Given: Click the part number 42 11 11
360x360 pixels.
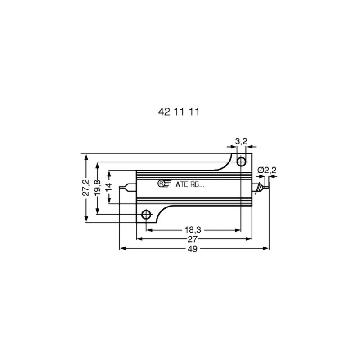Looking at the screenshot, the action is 179,112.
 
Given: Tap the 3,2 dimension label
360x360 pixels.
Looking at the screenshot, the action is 241,141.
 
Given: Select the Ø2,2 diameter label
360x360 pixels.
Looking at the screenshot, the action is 267,171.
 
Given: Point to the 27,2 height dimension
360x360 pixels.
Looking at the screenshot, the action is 86,187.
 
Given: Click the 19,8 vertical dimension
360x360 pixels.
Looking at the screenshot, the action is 98,188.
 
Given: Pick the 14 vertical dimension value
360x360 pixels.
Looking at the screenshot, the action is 109,187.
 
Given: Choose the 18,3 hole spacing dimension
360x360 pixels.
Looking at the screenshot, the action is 193,229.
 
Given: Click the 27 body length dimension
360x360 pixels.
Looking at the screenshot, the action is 193,239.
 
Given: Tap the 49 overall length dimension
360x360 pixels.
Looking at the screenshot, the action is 193,249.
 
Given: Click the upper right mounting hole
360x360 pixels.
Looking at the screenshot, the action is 241,162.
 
